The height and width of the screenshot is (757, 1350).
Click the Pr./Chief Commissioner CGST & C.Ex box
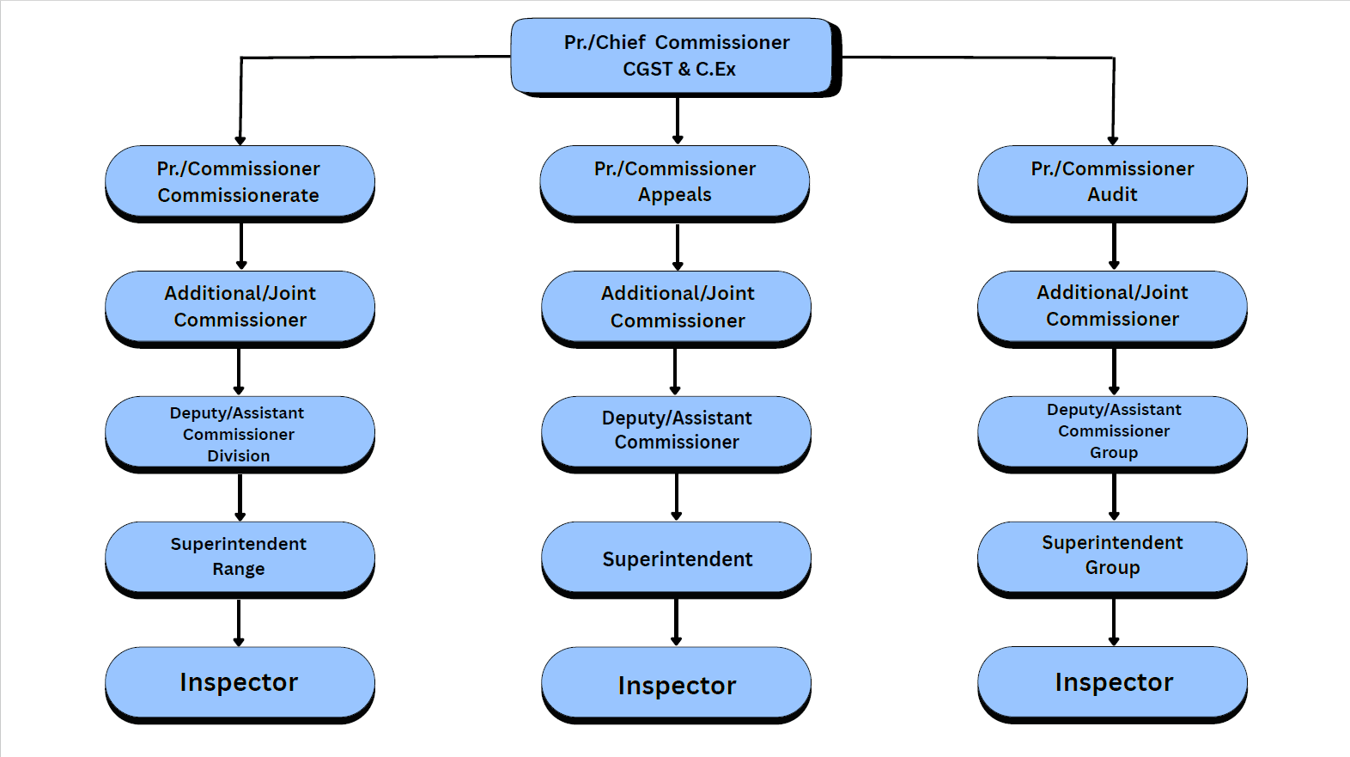click(675, 56)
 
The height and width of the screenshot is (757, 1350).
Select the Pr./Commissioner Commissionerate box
click(240, 181)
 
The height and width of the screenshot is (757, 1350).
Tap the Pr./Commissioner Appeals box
click(675, 181)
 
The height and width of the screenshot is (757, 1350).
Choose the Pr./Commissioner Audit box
click(1112, 181)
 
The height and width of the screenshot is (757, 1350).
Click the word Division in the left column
click(239, 456)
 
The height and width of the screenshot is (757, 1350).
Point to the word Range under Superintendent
click(239, 569)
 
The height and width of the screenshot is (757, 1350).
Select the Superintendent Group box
click(1112, 556)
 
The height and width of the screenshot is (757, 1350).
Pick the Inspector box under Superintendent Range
click(240, 682)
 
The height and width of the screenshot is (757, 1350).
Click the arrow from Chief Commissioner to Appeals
click(678, 120)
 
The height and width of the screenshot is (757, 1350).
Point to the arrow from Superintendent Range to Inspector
click(239, 622)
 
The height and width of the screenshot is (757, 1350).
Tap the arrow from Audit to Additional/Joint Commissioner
click(1114, 246)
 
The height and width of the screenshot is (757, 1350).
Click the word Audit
click(1112, 195)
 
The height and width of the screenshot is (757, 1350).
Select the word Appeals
click(675, 195)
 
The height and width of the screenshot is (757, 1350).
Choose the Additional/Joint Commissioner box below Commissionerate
click(240, 307)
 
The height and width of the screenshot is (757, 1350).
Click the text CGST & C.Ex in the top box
click(679, 70)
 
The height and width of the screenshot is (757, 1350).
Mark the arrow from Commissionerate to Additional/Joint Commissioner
click(241, 246)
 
